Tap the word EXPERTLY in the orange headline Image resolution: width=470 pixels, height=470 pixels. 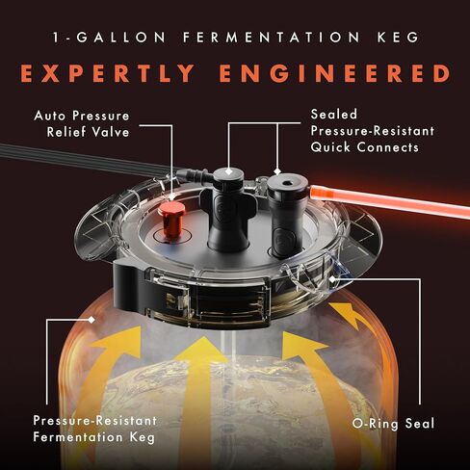click(108, 74)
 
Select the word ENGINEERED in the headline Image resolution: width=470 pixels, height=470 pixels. click(335, 74)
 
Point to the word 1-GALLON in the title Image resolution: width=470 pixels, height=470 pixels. click(109, 38)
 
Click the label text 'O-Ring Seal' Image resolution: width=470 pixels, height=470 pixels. click(393, 424)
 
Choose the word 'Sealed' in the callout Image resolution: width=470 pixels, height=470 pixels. click(334, 115)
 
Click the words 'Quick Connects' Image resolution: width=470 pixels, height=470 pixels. click(365, 147)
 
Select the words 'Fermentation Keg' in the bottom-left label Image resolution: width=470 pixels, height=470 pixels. click(94, 437)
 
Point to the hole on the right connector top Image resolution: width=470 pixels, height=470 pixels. click(286, 184)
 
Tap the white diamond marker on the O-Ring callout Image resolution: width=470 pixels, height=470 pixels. click(332, 279)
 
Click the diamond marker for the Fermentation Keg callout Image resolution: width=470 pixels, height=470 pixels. click(91, 320)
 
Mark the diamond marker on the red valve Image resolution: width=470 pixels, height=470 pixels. click(172, 196)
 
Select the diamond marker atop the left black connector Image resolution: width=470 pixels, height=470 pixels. click(228, 171)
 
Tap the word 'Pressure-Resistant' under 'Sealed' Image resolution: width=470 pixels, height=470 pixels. click(373, 131)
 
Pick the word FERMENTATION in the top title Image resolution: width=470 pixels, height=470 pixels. click(272, 38)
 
